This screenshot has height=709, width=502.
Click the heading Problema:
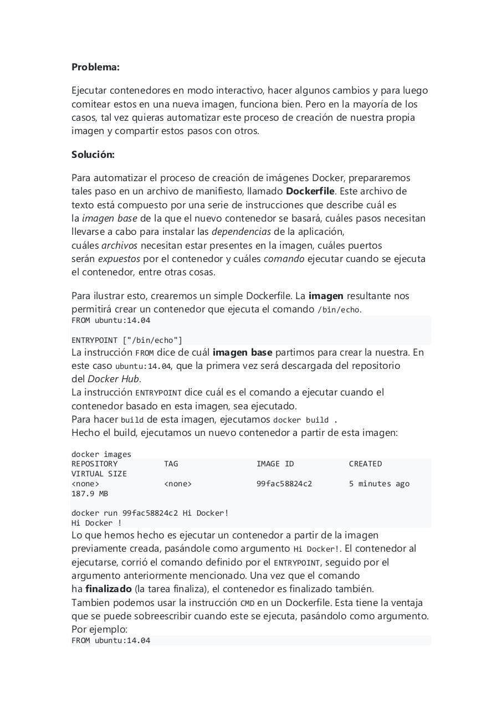pos(95,67)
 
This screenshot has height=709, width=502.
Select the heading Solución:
pos(93,155)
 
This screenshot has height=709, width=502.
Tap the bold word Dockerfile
pos(310,191)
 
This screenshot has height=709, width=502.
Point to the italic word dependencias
pos(241,232)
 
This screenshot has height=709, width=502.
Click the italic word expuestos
pos(119,259)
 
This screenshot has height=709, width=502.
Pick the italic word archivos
pos(119,245)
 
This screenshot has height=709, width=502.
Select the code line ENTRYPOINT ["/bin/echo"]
pos(126,340)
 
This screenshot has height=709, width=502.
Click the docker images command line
pos(101,454)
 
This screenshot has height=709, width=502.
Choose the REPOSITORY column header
pos(94,464)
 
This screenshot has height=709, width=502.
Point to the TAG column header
pos(171,464)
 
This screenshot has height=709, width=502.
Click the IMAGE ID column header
pos(275,464)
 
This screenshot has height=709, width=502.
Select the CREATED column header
pos(365,464)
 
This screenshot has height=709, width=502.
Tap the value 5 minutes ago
pos(379,484)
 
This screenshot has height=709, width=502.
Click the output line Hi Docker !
pos(96,523)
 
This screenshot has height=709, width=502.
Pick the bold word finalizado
pos(109,589)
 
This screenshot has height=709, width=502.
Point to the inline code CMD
pos(247,603)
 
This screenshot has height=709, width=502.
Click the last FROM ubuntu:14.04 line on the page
pos(111,640)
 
